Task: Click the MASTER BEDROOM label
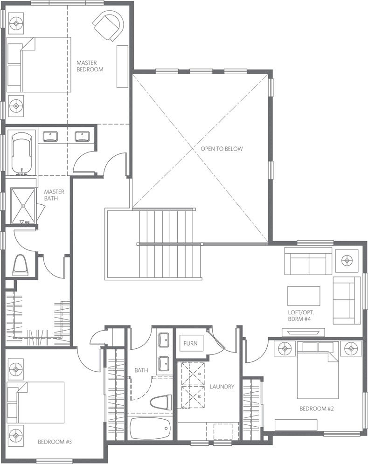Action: [x=90, y=66]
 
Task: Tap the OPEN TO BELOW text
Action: [x=222, y=149]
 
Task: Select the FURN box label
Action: [x=190, y=343]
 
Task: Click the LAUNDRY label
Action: [x=222, y=387]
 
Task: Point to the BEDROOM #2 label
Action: [x=317, y=409]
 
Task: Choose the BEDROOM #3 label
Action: [x=55, y=442]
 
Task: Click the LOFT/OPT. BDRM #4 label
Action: [x=301, y=316]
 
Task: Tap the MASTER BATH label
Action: [x=54, y=195]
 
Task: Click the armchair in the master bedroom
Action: [x=108, y=26]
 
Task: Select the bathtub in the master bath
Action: [x=21, y=154]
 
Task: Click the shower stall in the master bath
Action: [x=23, y=206]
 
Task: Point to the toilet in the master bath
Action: [x=21, y=264]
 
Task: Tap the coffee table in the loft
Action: [x=304, y=296]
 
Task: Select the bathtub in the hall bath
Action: [x=150, y=428]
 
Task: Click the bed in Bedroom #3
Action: [x=35, y=402]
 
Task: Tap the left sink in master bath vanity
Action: [x=50, y=137]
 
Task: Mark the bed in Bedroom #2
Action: [x=318, y=370]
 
